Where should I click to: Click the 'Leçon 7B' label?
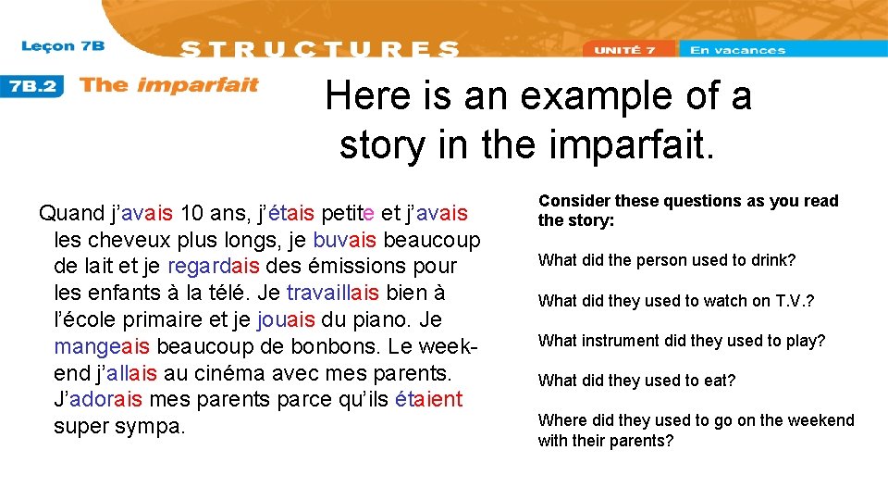[62, 46]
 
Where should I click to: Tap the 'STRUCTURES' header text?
[319, 49]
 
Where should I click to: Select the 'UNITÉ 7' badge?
[624, 50]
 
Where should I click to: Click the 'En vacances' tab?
[737, 50]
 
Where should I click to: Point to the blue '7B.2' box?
[33, 86]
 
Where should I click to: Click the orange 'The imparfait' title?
[168, 86]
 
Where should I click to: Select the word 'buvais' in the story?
[344, 240]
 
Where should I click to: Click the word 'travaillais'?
[332, 294]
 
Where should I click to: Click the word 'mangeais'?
[103, 347]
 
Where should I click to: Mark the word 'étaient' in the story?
[428, 400]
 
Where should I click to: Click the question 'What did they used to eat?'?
[636, 381]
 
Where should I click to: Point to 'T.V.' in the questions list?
[789, 301]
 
